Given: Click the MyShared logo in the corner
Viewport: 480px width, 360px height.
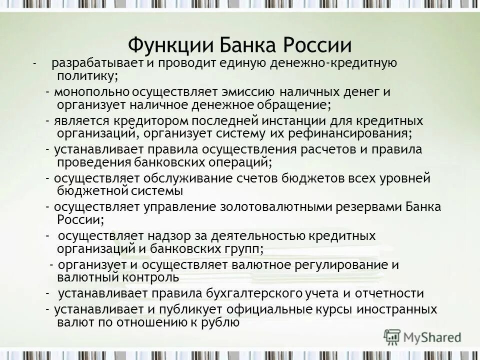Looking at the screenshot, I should coord(423,337).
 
